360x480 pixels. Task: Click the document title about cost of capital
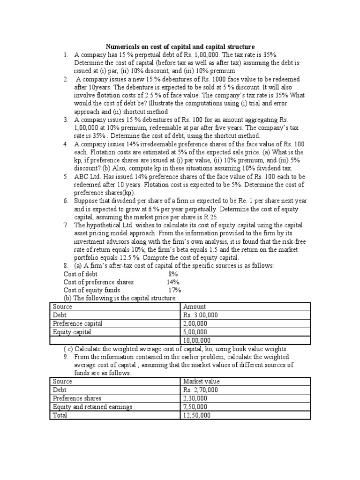(x=180, y=47)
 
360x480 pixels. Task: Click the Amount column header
(x=195, y=307)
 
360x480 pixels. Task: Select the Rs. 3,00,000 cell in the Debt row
(x=201, y=315)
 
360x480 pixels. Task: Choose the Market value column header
(x=202, y=382)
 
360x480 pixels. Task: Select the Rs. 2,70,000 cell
(x=201, y=390)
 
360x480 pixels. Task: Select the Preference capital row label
(x=77, y=323)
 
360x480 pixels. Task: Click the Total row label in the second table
(x=60, y=415)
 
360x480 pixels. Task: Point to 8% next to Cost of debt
(x=173, y=274)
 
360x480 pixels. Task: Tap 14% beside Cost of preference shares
(x=173, y=282)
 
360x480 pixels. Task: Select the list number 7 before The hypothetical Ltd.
(x=66, y=225)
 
